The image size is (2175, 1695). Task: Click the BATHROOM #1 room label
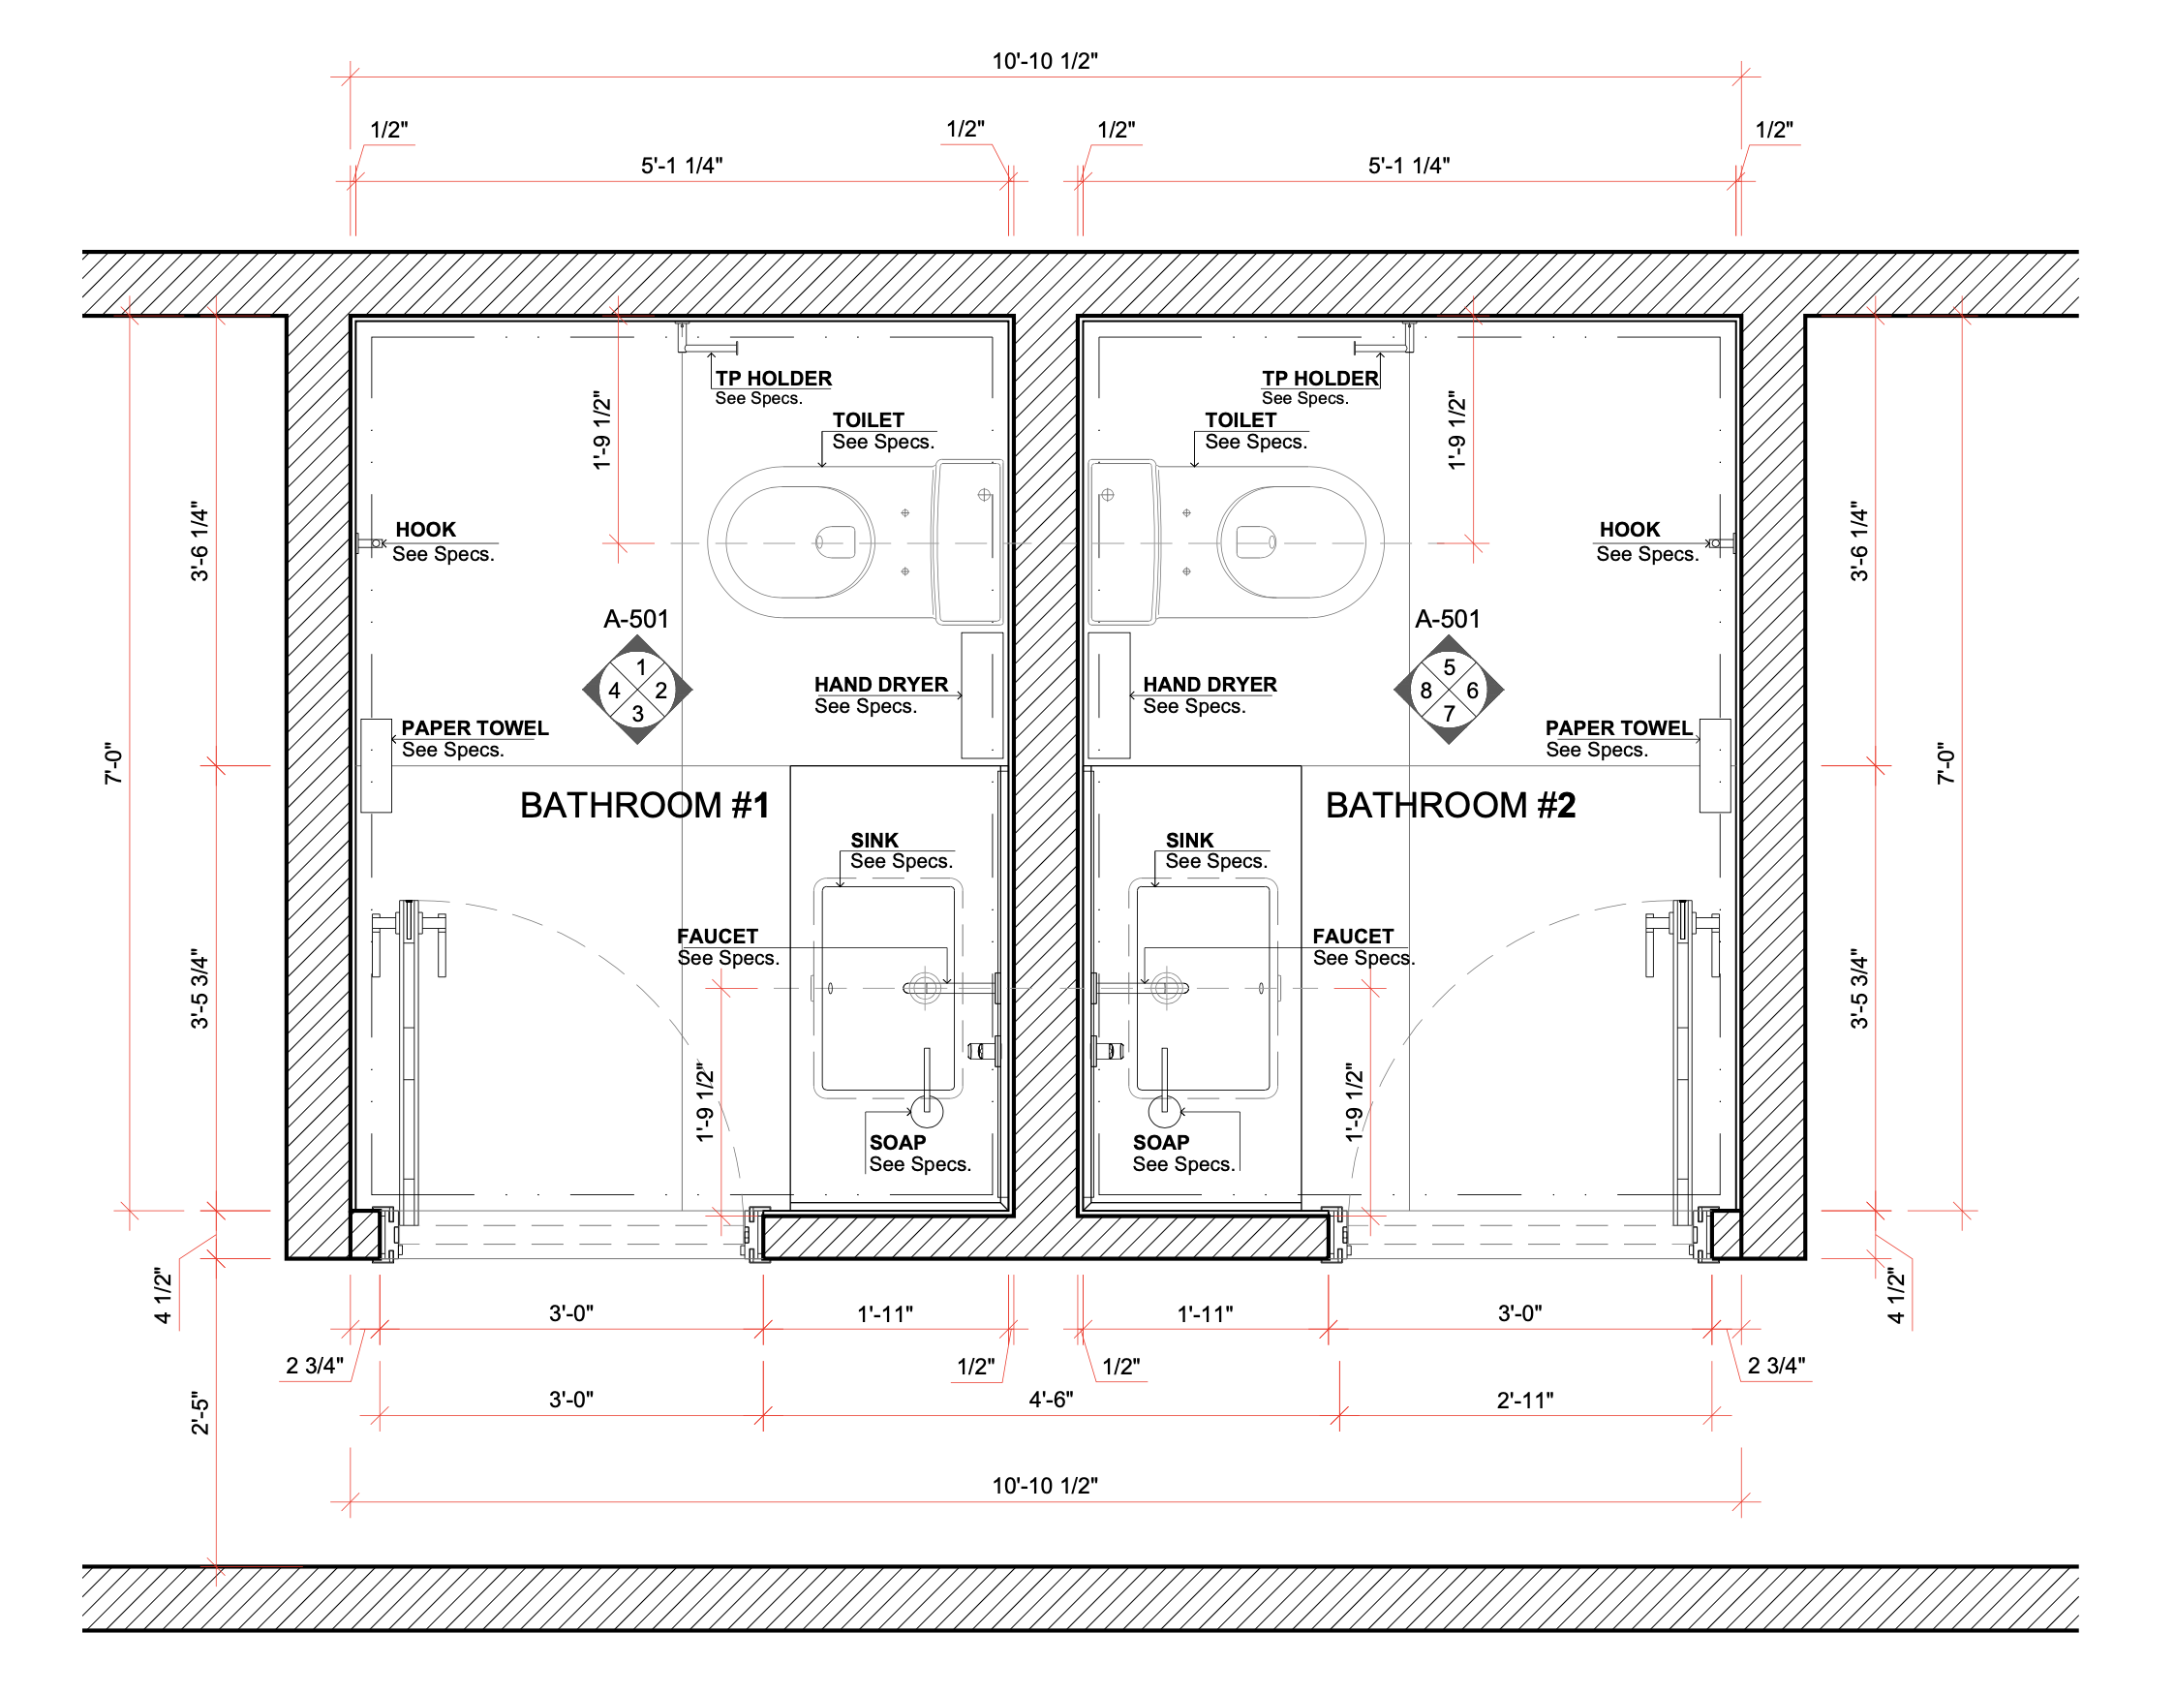pos(645,806)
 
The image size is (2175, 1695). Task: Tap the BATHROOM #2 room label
pos(1451,806)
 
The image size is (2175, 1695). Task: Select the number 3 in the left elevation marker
pos(637,713)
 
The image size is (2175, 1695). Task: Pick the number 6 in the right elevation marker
pos(1472,691)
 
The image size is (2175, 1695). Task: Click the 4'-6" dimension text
pos(1051,1400)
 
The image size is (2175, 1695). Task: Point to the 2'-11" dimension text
pos(1524,1401)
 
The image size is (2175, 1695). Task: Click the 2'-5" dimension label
pos(200,1413)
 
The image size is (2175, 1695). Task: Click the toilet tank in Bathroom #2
pos(1123,542)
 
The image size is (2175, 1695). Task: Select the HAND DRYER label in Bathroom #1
pos(881,684)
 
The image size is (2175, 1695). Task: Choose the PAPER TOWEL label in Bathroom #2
pos(1618,728)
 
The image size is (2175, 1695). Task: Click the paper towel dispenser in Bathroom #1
pos(376,765)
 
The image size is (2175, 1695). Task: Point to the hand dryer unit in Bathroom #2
pos(1109,695)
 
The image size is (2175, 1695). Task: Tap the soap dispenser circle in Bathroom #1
pos(927,1108)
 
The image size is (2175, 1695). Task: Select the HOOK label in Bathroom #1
pos(425,530)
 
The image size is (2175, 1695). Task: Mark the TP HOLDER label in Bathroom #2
pos(1320,379)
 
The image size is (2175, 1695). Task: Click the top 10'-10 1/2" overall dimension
pos(1045,61)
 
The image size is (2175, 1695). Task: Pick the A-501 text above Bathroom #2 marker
pos(1447,619)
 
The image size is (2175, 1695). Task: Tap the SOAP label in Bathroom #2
pos(1161,1142)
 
